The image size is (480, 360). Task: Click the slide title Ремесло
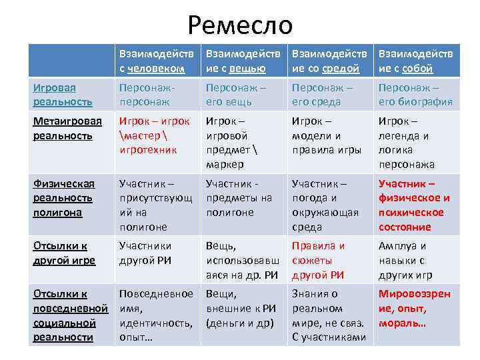tap(240, 25)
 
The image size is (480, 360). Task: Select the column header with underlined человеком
tap(156, 61)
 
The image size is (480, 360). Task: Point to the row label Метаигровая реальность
tap(67, 128)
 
